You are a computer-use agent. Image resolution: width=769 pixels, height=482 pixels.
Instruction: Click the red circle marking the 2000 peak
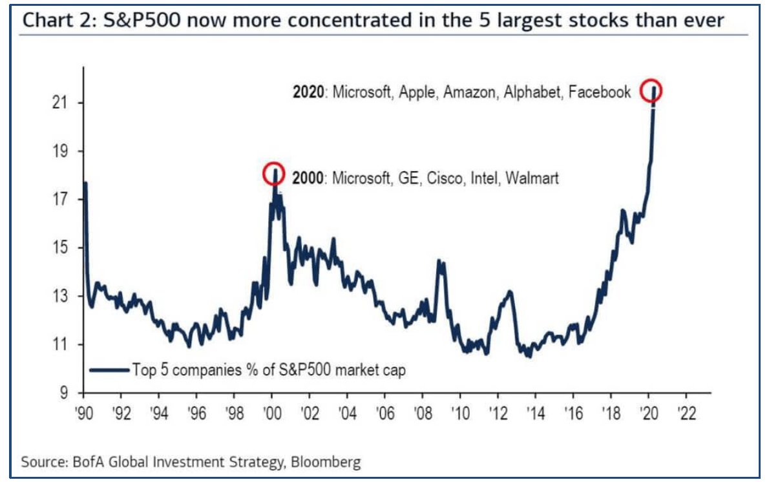(273, 173)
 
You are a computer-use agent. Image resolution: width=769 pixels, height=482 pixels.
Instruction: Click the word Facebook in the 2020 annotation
(599, 92)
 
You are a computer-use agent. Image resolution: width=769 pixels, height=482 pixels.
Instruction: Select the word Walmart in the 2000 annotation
(532, 178)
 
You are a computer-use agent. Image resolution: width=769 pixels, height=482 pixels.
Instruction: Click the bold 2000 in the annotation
(309, 178)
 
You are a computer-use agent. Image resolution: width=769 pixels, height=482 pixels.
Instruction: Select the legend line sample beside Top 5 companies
(109, 370)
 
